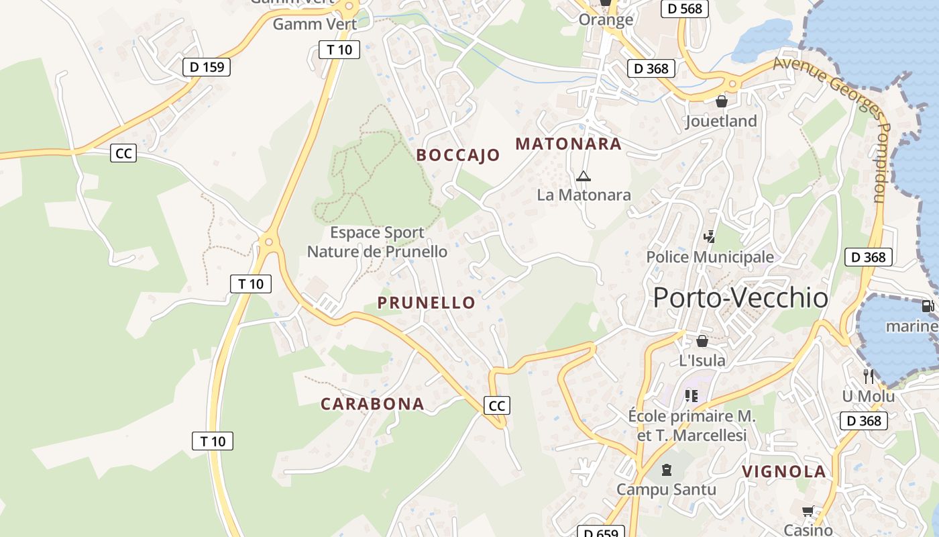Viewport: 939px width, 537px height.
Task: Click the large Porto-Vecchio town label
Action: pyautogui.click(x=740, y=298)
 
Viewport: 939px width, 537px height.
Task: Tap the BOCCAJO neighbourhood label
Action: pyautogui.click(x=458, y=155)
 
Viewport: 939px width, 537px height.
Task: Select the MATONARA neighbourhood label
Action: pyautogui.click(x=568, y=144)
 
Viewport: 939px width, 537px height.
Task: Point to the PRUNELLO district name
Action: pyautogui.click(x=427, y=303)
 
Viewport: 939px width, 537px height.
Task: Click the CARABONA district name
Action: pyautogui.click(x=372, y=403)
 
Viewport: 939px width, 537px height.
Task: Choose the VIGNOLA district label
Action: pyautogui.click(x=784, y=471)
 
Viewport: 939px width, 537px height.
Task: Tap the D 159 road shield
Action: pyautogui.click(x=207, y=66)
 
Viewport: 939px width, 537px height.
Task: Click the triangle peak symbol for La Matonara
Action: pyautogui.click(x=583, y=177)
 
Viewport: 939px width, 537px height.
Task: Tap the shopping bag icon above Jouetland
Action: pyautogui.click(x=722, y=101)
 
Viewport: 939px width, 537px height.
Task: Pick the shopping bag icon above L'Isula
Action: pyautogui.click(x=702, y=341)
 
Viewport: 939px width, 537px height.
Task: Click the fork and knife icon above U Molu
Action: pyautogui.click(x=869, y=376)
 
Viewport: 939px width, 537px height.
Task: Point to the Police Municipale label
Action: pyautogui.click(x=710, y=257)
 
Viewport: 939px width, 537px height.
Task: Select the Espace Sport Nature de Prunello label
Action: pyautogui.click(x=377, y=242)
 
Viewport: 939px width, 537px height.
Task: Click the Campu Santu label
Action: pyautogui.click(x=666, y=489)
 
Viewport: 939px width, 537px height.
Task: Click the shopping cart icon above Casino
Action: pyautogui.click(x=808, y=511)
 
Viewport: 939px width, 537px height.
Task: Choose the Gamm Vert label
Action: pyautogui.click(x=315, y=24)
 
